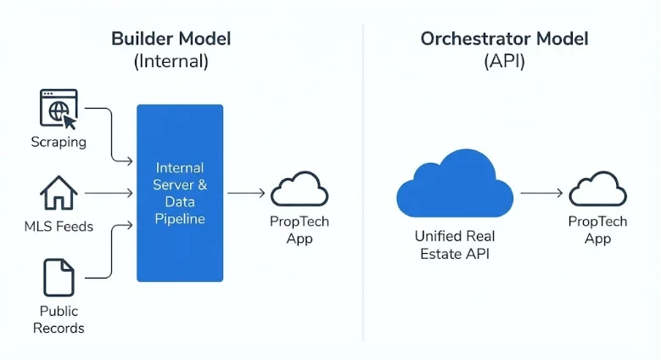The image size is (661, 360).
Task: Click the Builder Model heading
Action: (x=171, y=39)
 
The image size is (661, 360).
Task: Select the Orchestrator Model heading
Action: (x=505, y=39)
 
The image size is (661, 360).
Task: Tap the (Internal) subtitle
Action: (x=171, y=61)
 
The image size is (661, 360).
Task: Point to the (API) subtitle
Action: (x=505, y=61)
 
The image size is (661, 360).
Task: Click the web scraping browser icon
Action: (x=59, y=109)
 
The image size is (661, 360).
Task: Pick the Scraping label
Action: (x=59, y=142)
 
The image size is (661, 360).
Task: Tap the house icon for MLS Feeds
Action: (x=59, y=194)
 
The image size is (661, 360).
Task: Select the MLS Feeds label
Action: (x=59, y=226)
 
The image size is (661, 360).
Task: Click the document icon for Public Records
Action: (x=59, y=278)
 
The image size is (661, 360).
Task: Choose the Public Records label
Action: (x=59, y=319)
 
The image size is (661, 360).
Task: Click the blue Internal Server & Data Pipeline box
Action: (x=180, y=193)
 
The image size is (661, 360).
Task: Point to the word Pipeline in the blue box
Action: (x=180, y=219)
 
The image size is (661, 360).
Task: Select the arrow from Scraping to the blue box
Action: (x=110, y=136)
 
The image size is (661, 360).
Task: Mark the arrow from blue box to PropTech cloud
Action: (x=246, y=194)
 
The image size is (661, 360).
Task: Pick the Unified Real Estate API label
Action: (x=454, y=244)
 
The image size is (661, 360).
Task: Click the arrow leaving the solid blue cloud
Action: (x=540, y=194)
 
